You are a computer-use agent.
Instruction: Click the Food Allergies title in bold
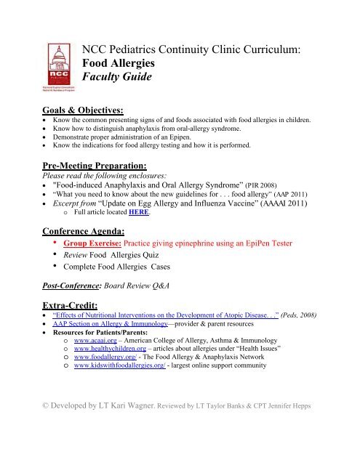pyautogui.click(x=127, y=63)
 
